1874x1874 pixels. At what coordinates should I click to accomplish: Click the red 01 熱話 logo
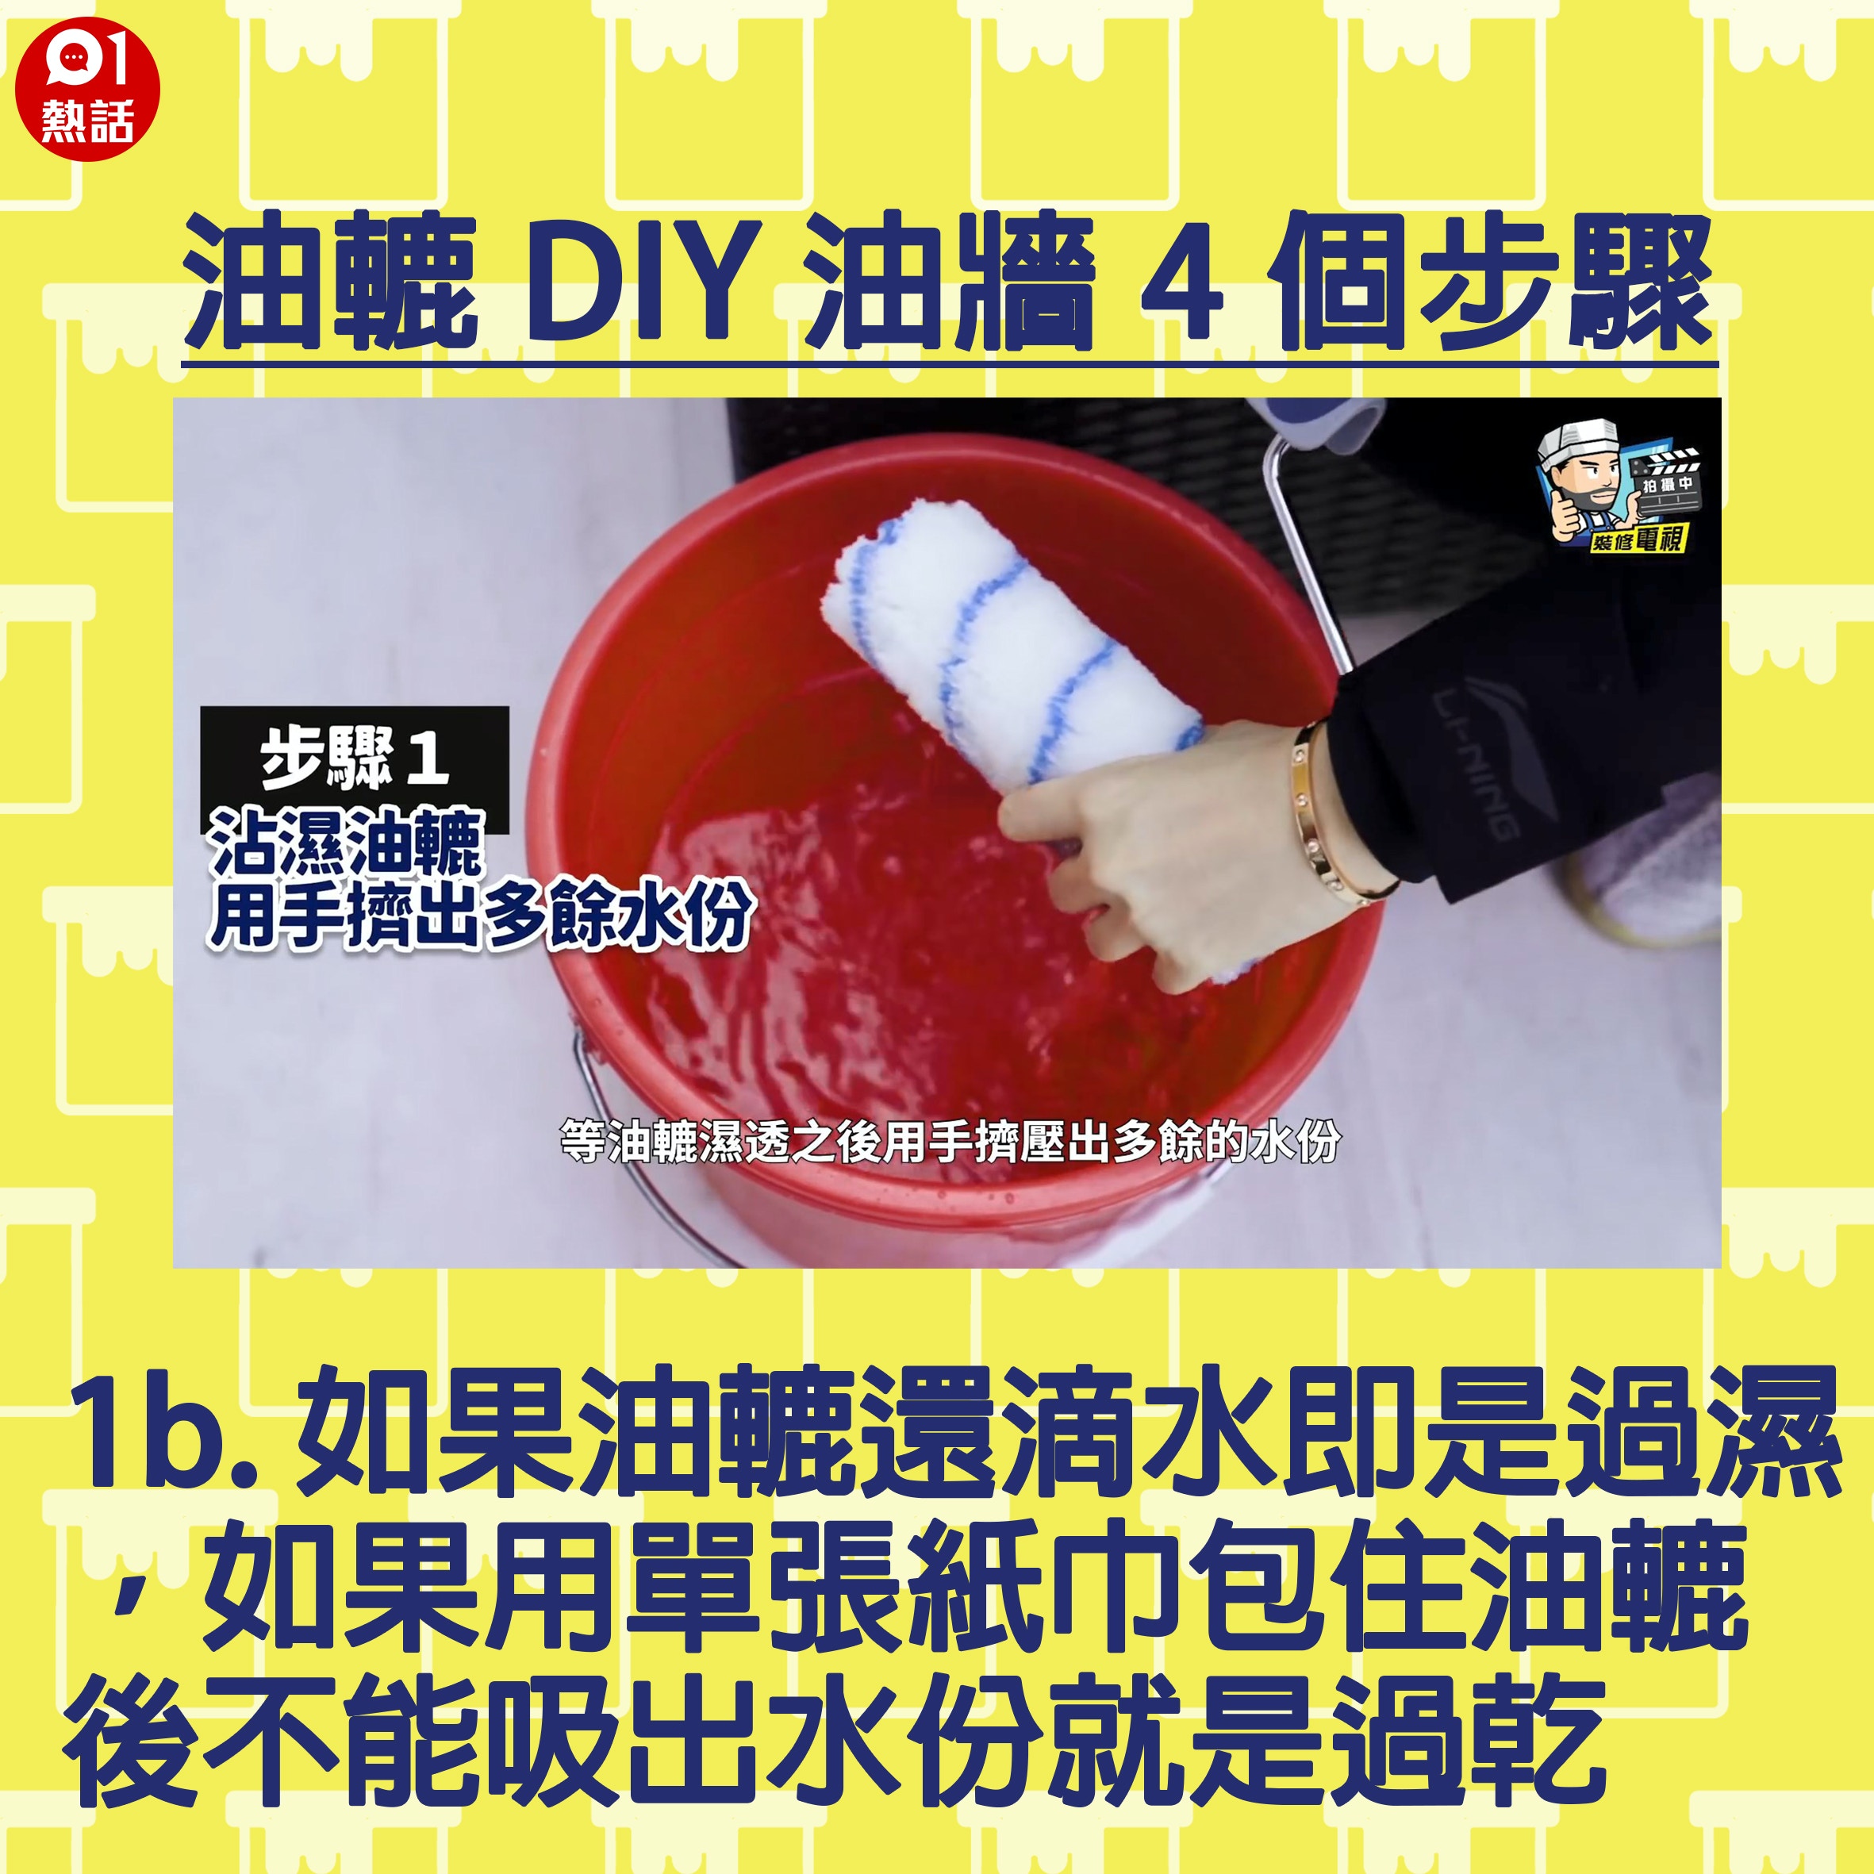tap(87, 89)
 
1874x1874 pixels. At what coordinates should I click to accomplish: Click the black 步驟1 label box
tap(354, 768)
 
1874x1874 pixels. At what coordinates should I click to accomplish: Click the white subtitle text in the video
tap(950, 1142)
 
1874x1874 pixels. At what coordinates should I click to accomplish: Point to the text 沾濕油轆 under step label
tap(346, 842)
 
